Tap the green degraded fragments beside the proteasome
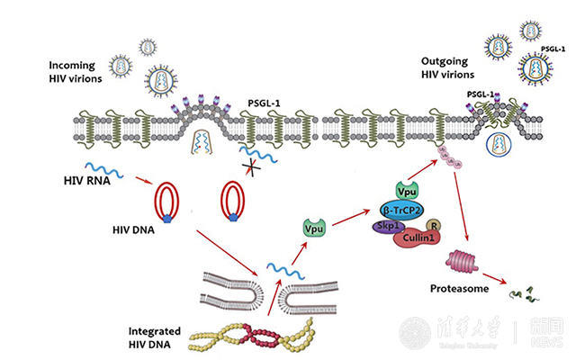pos(519,292)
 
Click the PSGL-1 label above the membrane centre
pos(265,106)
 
